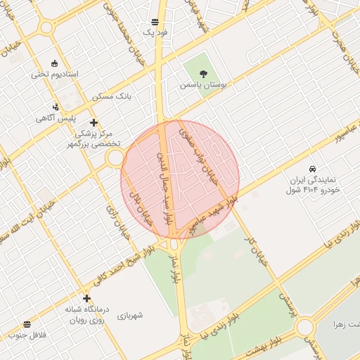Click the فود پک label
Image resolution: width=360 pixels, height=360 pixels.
point(154,32)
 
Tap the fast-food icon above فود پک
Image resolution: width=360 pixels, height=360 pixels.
point(155,22)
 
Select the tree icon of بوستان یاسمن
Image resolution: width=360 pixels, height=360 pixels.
point(203,72)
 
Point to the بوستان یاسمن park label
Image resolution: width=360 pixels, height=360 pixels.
point(204,84)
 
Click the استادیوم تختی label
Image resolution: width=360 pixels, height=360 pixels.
point(55,74)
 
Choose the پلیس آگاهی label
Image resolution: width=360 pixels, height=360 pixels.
point(56,118)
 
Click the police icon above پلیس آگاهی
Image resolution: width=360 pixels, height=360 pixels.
point(56,108)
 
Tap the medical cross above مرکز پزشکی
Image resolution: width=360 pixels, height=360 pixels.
point(94,122)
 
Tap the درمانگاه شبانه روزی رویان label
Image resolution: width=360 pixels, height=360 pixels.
point(86,314)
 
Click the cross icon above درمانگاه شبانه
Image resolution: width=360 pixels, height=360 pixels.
point(86,298)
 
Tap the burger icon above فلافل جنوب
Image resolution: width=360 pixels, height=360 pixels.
point(27,324)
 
